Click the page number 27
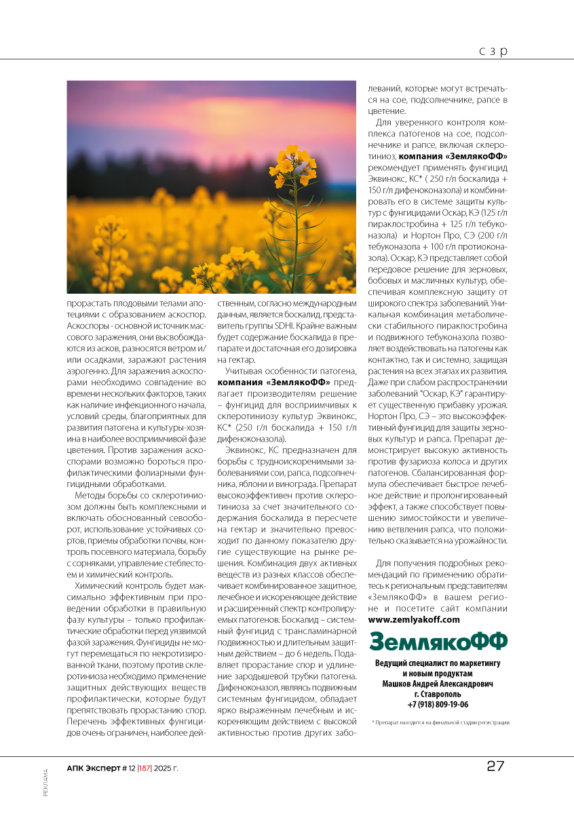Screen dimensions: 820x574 [495, 766]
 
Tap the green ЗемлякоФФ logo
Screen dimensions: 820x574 [438, 641]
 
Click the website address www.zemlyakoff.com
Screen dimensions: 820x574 [414, 619]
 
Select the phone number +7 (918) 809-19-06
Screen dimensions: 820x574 [438, 704]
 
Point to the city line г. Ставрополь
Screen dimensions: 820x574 [438, 694]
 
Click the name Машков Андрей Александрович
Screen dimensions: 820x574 [438, 684]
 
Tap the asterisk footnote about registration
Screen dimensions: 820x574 [441, 722]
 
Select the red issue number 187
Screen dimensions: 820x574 [145, 768]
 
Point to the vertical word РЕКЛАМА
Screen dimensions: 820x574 [45, 783]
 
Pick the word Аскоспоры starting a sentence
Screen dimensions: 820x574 [88, 324]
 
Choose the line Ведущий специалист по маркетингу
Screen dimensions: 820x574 [438, 662]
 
